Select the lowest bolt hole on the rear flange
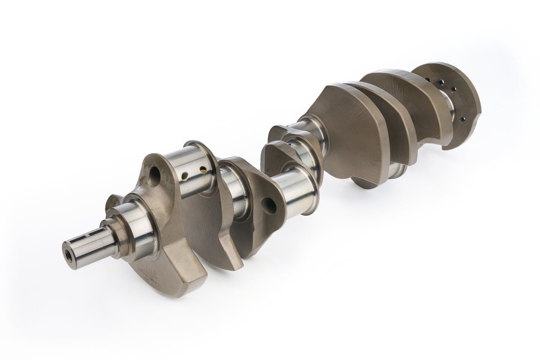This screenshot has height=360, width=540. pyautogui.click(x=462, y=119)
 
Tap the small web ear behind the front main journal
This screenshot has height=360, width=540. pyautogui.click(x=114, y=202)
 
